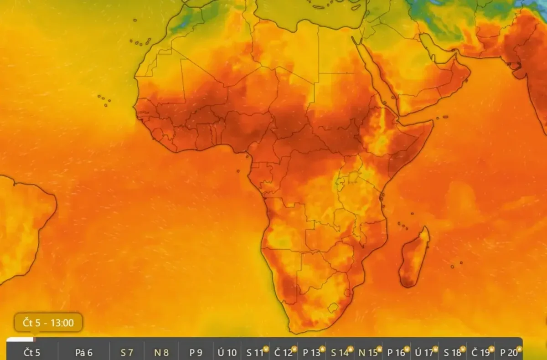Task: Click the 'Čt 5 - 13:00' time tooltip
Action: [48, 323]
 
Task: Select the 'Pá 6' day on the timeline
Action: [84, 352]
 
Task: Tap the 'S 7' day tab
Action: [127, 352]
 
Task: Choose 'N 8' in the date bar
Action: [161, 352]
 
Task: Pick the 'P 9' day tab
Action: [196, 352]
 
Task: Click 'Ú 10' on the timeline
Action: [227, 352]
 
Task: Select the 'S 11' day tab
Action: [255, 352]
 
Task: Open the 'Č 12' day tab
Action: [283, 352]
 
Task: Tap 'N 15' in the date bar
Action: [368, 352]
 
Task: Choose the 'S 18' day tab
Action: [452, 352]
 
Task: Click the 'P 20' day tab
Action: [509, 352]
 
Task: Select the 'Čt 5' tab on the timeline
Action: [32, 352]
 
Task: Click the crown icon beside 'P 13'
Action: [322, 349]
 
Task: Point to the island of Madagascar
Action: [414, 258]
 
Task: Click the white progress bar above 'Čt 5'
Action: [20, 339]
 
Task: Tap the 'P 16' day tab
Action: [396, 352]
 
